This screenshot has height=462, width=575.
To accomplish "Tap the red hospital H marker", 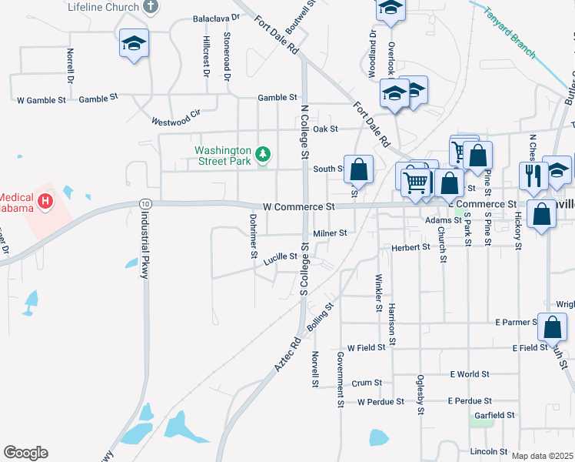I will [x=45, y=202].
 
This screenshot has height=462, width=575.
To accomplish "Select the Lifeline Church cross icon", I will [x=151, y=7].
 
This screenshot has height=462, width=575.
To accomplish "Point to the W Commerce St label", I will [x=299, y=207].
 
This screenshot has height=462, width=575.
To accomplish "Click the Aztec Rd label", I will [x=285, y=354].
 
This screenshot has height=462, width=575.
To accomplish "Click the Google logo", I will [x=25, y=453].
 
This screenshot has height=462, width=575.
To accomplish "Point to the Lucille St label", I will [x=280, y=256].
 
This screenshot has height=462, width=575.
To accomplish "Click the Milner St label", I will [x=330, y=233].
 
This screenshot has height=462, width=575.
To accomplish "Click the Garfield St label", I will [x=494, y=415].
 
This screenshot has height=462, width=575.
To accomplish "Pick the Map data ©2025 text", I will [x=542, y=456].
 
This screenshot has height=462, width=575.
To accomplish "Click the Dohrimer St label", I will [x=252, y=236].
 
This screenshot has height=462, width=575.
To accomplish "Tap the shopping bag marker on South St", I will [x=358, y=168].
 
